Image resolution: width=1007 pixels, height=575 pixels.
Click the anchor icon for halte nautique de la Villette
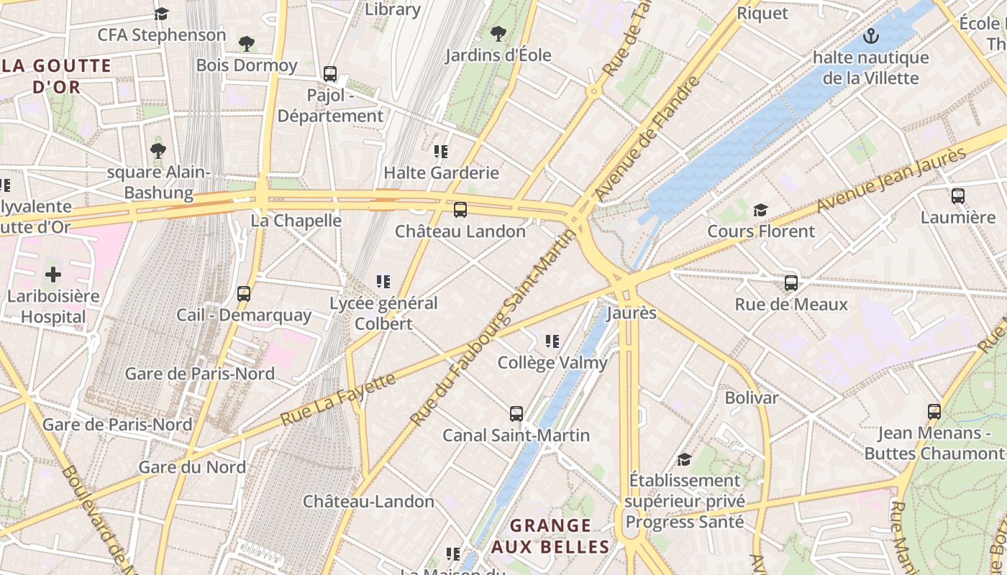point(871,35)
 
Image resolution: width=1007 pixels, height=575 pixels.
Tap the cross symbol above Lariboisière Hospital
point(53,275)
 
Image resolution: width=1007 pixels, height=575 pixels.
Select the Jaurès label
point(621,313)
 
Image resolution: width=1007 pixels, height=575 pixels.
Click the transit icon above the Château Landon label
point(460,210)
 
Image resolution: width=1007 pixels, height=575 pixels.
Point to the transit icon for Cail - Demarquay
point(244,293)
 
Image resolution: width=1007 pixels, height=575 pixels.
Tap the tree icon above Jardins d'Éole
point(498,34)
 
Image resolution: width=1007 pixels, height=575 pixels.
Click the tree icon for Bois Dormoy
point(247,44)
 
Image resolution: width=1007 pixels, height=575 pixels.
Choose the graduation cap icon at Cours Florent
point(760,210)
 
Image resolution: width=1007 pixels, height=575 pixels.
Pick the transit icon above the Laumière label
point(957,195)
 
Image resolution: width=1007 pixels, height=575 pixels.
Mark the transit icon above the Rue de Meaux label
point(791,283)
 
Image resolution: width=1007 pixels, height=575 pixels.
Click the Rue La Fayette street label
point(338,398)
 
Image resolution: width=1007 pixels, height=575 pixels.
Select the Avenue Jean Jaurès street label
point(891,180)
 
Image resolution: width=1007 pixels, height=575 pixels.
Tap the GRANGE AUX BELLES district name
point(551,536)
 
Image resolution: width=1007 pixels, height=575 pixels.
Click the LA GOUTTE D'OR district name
point(57,77)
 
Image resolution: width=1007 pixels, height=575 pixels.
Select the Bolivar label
point(751,397)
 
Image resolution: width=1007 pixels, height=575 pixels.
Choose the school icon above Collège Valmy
point(552,341)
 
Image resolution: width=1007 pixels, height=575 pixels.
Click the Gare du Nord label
point(192,467)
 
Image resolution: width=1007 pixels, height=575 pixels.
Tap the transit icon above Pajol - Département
point(330,74)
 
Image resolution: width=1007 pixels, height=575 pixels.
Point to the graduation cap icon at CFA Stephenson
point(162,14)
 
